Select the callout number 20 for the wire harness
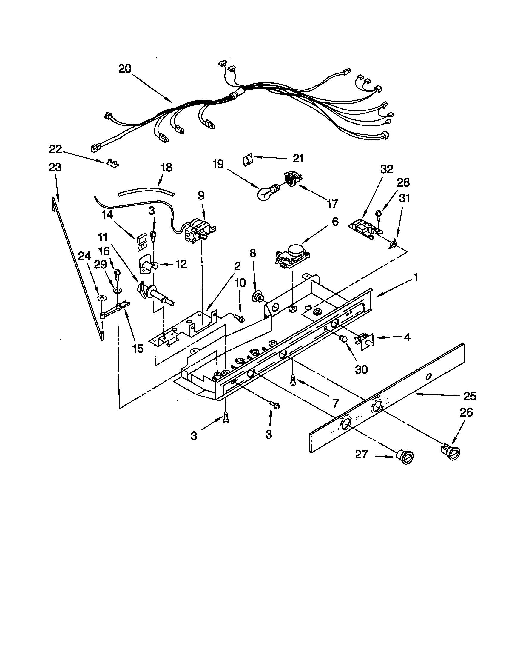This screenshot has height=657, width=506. click(125, 69)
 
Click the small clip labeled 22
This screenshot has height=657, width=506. click(112, 162)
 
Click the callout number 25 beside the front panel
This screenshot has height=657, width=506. click(470, 396)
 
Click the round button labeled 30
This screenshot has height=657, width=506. click(343, 340)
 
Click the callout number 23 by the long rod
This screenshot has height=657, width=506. click(55, 167)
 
